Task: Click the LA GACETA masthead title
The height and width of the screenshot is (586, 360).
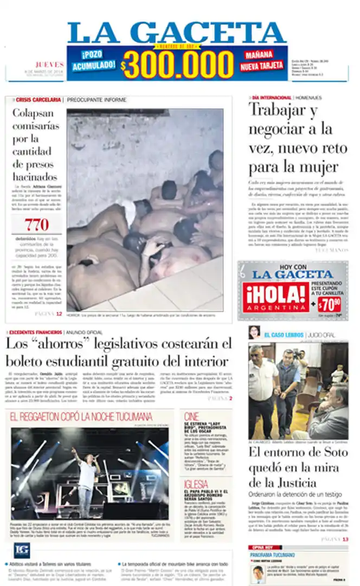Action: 176,33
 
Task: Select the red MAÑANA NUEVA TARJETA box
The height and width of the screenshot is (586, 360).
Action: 263,61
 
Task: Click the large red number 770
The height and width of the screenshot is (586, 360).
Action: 36,224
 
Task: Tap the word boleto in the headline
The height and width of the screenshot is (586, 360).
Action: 27,361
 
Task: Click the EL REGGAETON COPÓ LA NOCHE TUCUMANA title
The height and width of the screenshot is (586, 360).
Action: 81,417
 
